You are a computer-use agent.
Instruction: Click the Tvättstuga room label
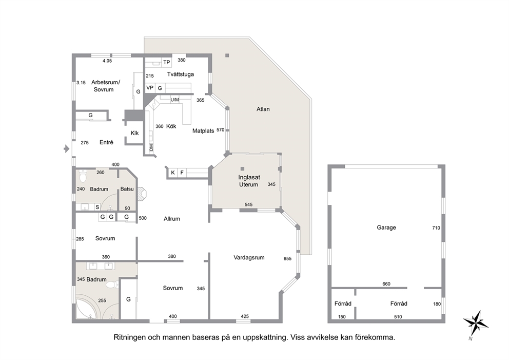181,74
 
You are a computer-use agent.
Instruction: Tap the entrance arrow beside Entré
67,149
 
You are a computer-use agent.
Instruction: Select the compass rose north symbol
476,324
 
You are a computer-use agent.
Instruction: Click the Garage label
386,228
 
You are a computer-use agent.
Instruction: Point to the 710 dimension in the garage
436,228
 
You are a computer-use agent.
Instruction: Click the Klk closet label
134,133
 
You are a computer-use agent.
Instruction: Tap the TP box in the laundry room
167,62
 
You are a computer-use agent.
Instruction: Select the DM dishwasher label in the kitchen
151,147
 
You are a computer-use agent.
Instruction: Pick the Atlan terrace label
263,109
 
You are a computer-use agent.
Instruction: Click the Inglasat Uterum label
249,181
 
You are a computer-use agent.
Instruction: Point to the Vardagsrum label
249,258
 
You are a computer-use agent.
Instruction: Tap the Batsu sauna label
127,189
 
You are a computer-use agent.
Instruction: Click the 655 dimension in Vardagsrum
287,259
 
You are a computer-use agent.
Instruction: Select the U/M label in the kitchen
174,100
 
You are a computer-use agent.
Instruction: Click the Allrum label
172,219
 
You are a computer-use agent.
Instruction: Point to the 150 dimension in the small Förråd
342,317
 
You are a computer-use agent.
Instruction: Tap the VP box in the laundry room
150,88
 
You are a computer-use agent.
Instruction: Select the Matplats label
203,131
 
